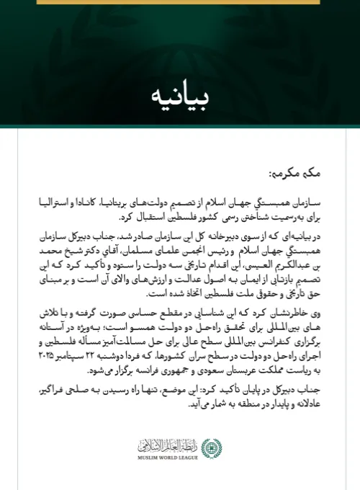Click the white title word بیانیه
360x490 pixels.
(x=180, y=95)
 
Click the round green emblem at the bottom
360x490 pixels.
(x=211, y=447)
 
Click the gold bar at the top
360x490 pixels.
(x=180, y=2)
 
